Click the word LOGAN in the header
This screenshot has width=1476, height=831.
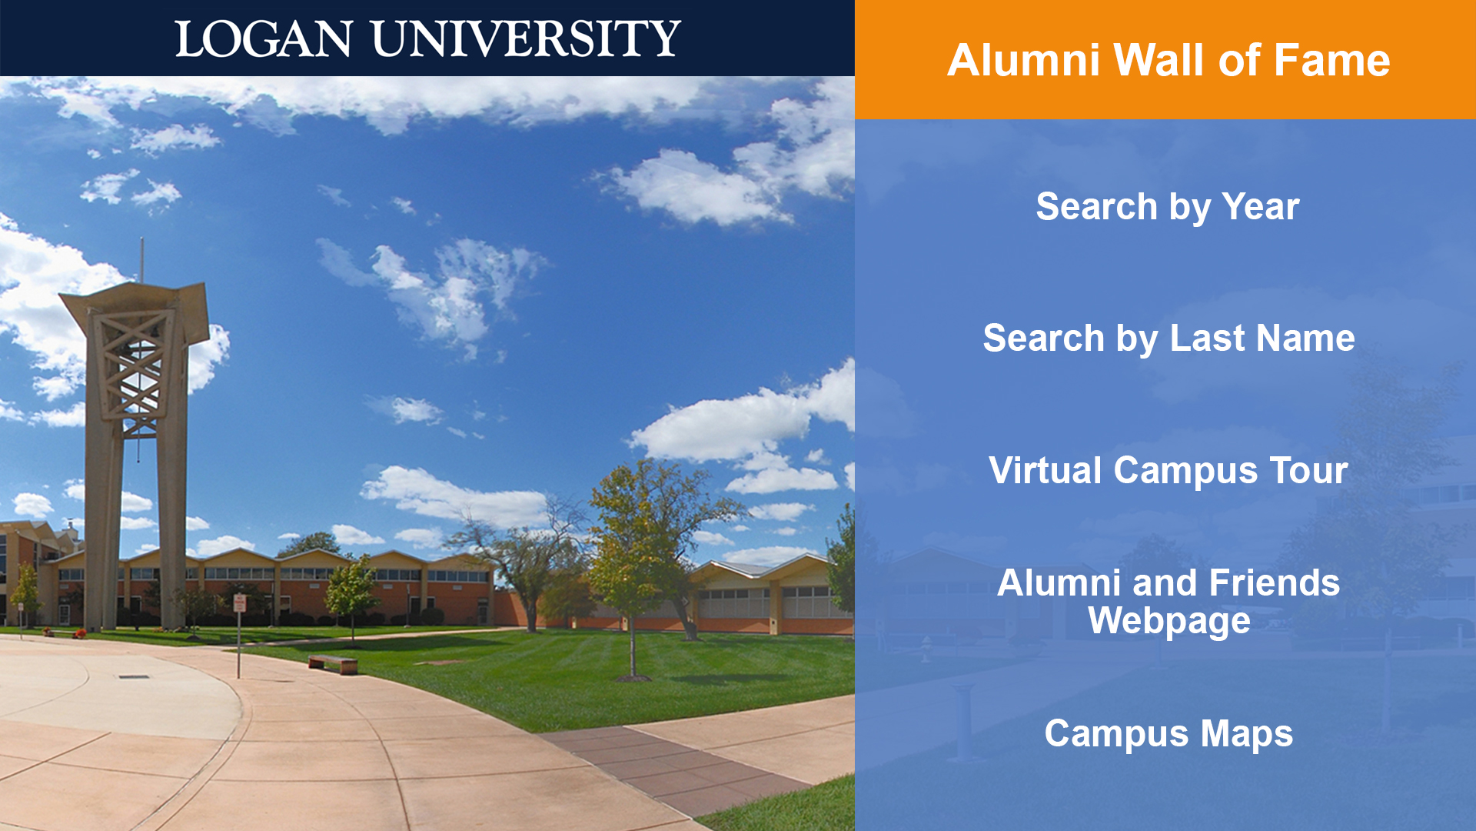[264, 38]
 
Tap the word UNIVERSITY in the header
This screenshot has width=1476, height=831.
[527, 38]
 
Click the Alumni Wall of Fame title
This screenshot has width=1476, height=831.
[1168, 60]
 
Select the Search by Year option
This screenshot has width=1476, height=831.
[1168, 207]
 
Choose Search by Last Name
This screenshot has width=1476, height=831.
[1168, 339]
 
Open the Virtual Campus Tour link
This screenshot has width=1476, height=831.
[1168, 470]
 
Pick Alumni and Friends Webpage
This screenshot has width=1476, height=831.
[1168, 602]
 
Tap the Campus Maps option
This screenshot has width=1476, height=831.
[1168, 734]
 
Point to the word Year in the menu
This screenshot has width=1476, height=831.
[1261, 207]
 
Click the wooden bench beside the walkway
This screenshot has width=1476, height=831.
[333, 664]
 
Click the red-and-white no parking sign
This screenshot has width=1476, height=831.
[240, 602]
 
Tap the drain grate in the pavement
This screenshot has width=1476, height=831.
[134, 677]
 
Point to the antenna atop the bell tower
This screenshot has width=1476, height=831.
[141, 260]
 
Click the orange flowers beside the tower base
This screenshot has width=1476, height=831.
[80, 634]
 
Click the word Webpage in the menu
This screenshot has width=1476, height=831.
[1168, 622]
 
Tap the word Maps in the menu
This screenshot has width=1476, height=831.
[1247, 734]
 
